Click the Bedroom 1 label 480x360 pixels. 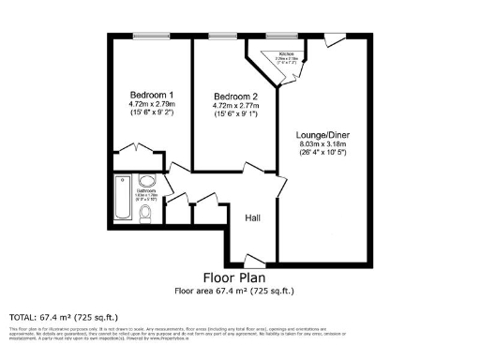[x=151, y=95]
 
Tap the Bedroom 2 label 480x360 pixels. [x=234, y=97]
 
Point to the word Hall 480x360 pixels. [x=252, y=218]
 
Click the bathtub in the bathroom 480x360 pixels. [x=123, y=200]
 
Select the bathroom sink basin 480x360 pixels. [x=148, y=182]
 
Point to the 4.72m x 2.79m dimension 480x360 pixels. [x=151, y=104]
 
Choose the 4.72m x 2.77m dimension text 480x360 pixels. [x=234, y=107]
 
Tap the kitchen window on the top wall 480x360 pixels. [x=279, y=36]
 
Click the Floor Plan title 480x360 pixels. [x=234, y=277]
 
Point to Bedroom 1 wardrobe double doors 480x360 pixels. [x=133, y=149]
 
